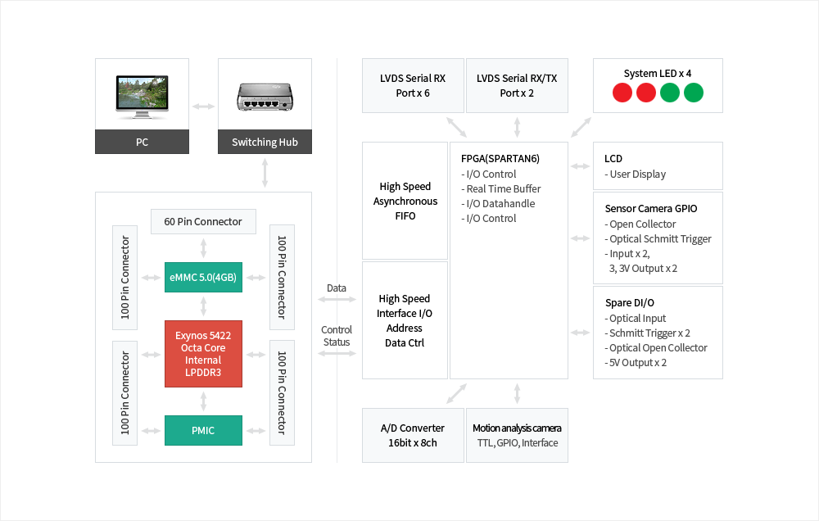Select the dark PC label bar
click(142, 142)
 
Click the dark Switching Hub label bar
click(265, 142)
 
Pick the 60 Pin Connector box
click(203, 221)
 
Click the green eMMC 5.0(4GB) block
click(203, 278)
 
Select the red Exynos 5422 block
click(203, 354)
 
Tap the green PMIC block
click(203, 430)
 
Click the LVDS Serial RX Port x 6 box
click(413, 85)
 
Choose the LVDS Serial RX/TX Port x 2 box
click(517, 85)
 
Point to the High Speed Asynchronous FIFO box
click(405, 202)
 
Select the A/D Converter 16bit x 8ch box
click(413, 435)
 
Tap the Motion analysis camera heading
click(517, 428)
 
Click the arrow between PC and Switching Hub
click(203, 106)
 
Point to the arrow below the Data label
click(337, 301)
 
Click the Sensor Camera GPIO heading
click(650, 209)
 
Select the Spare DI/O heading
click(629, 303)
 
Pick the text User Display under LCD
click(638, 174)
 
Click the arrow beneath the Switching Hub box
click(265, 173)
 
